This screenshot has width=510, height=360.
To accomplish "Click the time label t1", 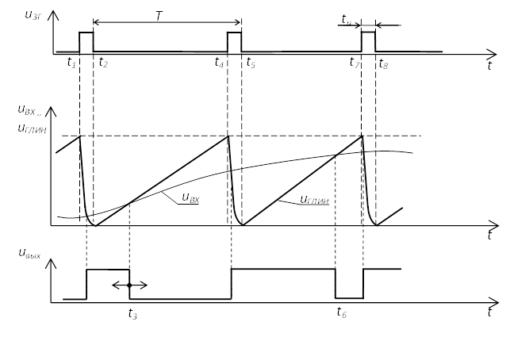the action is (71, 62).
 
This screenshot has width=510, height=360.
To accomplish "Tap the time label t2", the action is (103, 62).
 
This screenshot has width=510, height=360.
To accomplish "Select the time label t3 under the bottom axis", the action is (132, 314).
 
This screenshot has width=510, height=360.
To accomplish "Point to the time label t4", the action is (220, 62).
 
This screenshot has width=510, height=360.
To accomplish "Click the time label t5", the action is (251, 62).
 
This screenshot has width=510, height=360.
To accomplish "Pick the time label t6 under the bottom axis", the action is (342, 312).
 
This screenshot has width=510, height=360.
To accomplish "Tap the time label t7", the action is (355, 62).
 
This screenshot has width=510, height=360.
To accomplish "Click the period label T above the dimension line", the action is (159, 16).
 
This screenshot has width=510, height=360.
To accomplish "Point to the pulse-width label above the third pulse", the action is (347, 18).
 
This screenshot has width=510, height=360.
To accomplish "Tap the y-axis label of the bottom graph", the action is (30, 254).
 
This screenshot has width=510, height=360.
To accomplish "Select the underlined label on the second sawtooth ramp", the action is (315, 201).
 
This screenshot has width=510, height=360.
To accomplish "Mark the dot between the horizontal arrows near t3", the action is (128, 285).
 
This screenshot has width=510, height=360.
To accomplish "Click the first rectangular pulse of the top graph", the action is (86, 42).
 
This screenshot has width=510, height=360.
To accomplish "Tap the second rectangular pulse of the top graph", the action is (234, 42).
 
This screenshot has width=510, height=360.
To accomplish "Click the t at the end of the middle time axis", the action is (490, 235).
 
